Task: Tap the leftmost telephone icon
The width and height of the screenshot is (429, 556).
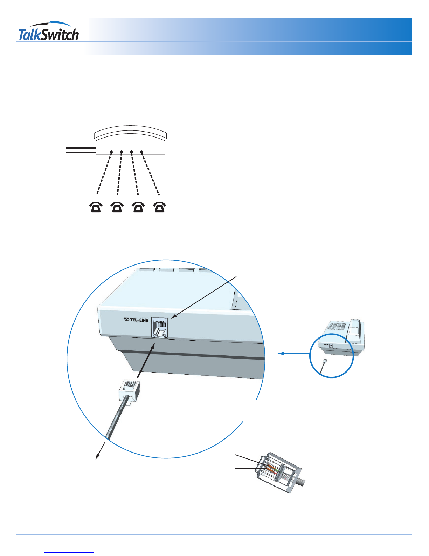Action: click(x=96, y=207)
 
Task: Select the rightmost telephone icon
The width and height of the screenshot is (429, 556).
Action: click(x=160, y=207)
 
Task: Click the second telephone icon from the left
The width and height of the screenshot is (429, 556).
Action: click(x=117, y=207)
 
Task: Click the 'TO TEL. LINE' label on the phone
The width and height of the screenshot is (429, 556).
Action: click(x=136, y=320)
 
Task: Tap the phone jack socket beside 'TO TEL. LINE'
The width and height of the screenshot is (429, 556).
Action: click(x=160, y=328)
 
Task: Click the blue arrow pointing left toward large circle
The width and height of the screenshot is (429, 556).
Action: click(x=294, y=354)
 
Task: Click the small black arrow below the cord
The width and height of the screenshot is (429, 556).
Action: click(x=101, y=450)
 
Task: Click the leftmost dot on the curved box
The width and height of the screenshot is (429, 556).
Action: click(x=111, y=152)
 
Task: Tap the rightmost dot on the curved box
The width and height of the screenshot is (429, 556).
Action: click(x=141, y=152)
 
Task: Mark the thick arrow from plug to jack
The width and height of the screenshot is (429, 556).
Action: click(x=146, y=361)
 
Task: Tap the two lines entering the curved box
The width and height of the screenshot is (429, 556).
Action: click(x=81, y=150)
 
